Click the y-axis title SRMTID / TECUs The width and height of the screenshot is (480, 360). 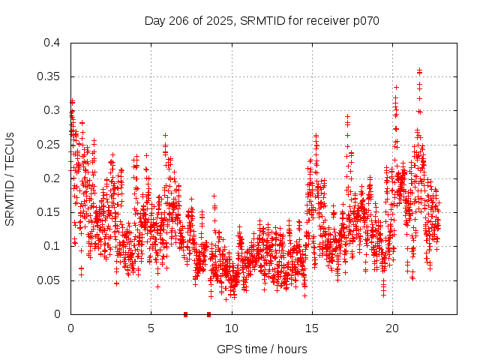[10, 179]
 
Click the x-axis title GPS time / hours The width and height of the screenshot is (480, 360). [262, 349]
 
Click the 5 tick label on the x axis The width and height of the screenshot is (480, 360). [151, 328]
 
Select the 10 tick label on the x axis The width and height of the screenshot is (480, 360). [232, 328]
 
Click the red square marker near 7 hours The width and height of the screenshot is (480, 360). [185, 313]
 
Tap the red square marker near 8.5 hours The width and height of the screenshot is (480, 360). [208, 313]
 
